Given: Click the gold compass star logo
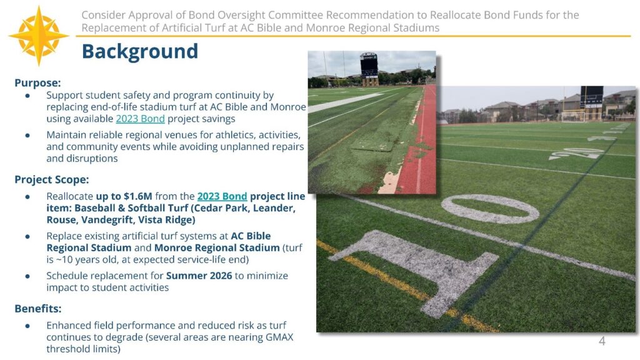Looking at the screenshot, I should tap(39, 36).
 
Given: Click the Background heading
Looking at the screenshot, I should tap(139, 51).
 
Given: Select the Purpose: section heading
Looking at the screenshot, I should tap(37, 82).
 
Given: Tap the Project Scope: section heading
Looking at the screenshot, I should tap(52, 180).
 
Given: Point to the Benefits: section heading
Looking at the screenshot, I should tap(38, 309).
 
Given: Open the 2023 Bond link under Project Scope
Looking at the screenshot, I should tap(222, 196).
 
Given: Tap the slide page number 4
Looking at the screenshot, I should tap(602, 341).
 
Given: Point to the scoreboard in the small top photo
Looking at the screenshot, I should tap(369, 65).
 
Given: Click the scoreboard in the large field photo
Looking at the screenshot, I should tap(591, 97).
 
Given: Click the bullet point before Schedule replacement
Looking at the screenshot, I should tap(27, 276).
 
